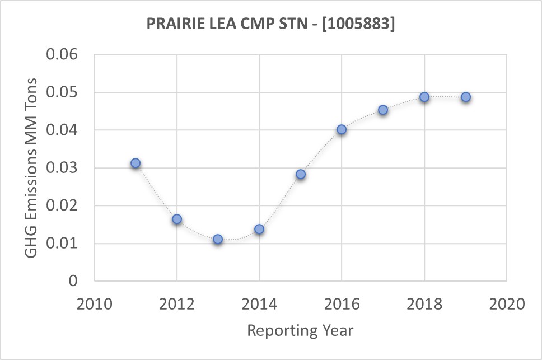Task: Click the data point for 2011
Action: tap(135, 163)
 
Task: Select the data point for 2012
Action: tap(177, 219)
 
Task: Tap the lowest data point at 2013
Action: tap(218, 239)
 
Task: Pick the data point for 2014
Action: tap(259, 229)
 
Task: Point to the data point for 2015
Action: tap(301, 174)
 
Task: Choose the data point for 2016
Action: tap(342, 130)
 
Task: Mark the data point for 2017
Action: tap(383, 110)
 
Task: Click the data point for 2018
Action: tap(424, 97)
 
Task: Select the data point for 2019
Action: tap(465, 97)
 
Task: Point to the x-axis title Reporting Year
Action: tap(301, 330)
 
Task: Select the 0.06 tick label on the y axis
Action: tap(65, 55)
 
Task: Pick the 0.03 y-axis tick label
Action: tap(65, 168)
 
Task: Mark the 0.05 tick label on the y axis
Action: tap(65, 92)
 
